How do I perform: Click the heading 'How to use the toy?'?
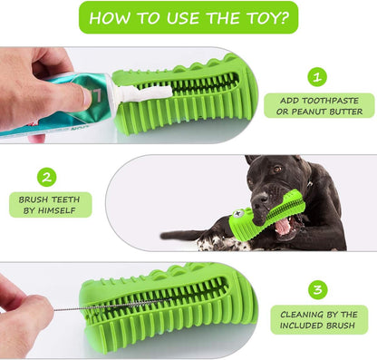coord(188,17)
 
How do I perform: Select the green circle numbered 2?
coord(47,177)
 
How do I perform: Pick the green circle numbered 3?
coord(317,289)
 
